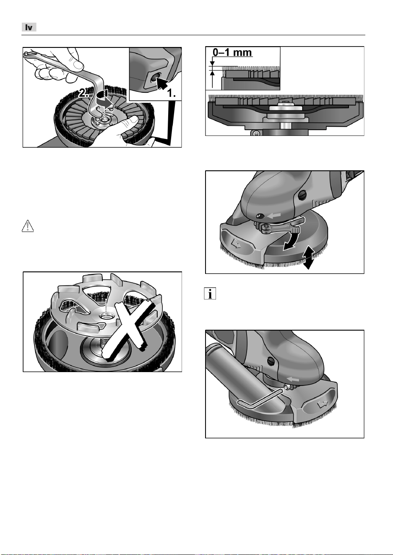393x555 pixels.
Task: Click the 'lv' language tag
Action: [x=29, y=27]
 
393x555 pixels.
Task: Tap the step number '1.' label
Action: [x=171, y=93]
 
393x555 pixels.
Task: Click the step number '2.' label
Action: [x=84, y=94]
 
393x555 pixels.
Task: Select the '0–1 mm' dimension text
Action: [x=232, y=52]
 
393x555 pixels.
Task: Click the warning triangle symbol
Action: [x=28, y=226]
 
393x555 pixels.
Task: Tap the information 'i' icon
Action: [x=210, y=294]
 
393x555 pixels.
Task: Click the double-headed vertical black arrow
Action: [x=309, y=258]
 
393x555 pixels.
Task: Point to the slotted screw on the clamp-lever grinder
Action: [x=302, y=196]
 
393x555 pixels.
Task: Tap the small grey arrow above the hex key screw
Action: [x=293, y=380]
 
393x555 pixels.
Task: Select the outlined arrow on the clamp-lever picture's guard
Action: [x=235, y=244]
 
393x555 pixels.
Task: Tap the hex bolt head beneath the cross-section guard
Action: [x=255, y=133]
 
